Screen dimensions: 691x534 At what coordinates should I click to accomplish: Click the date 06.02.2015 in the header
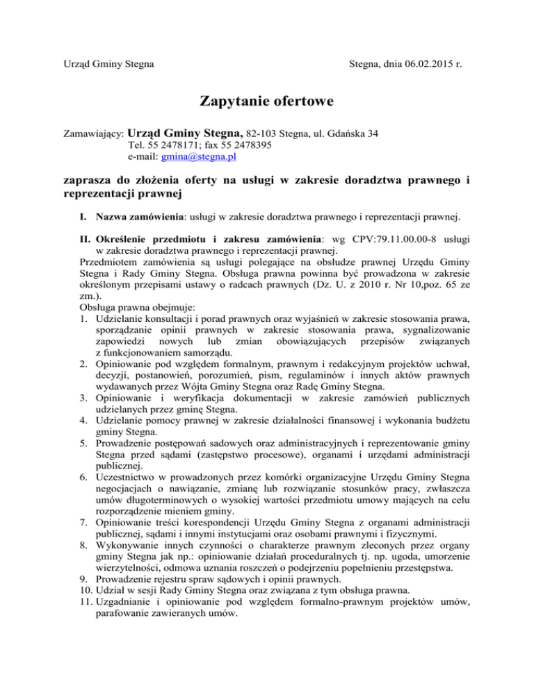pyautogui.click(x=419, y=66)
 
